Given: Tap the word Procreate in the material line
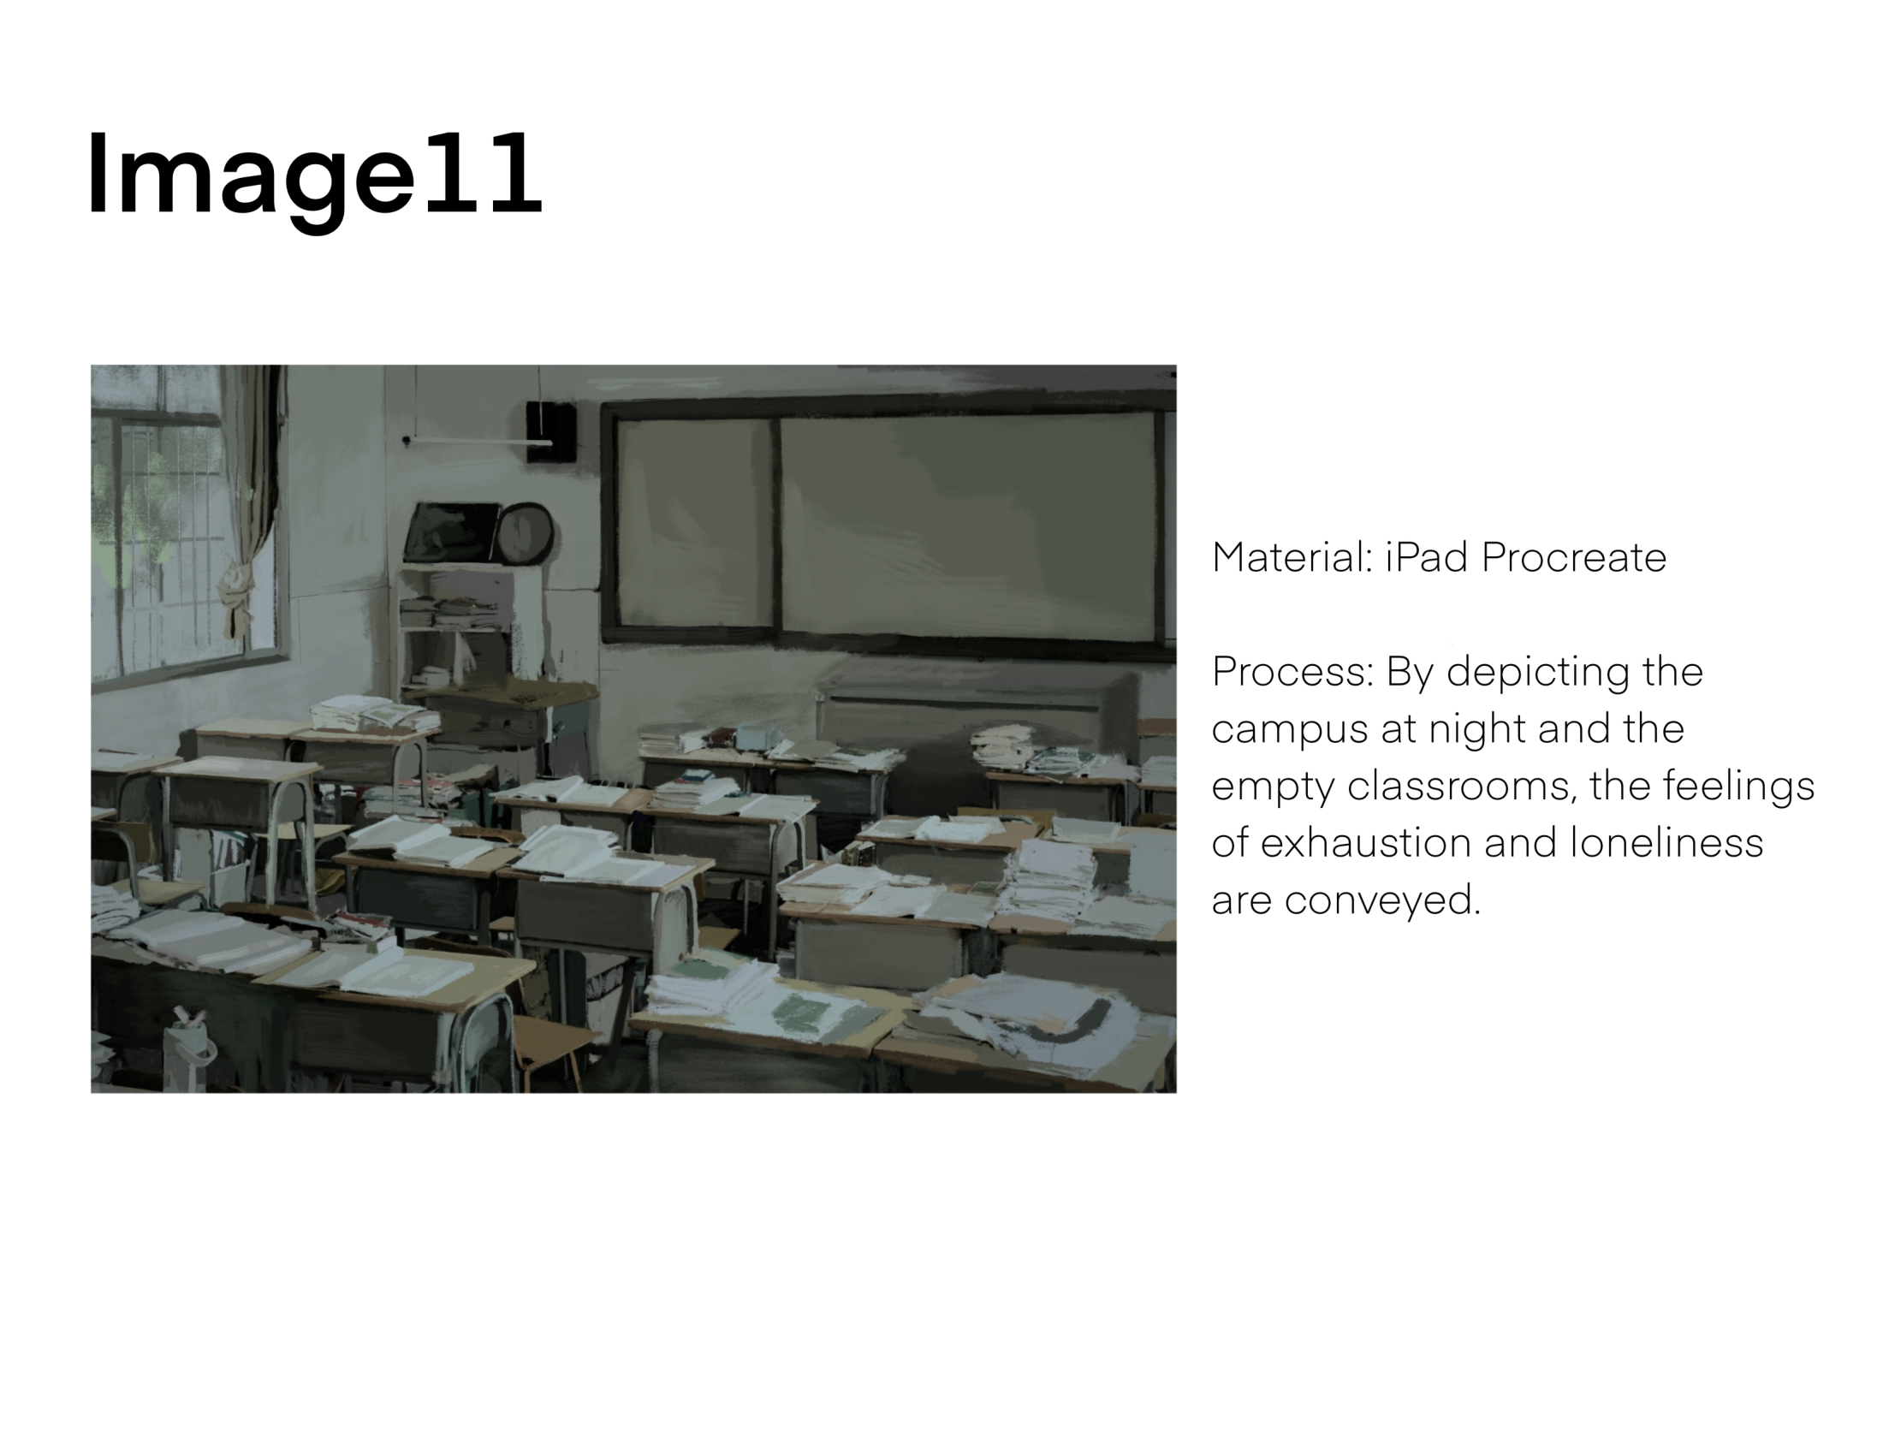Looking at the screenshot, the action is (1573, 558).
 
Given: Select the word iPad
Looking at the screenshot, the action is (1426, 557).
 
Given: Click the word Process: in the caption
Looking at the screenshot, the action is (1292, 672).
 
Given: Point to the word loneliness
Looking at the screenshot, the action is (1666, 842).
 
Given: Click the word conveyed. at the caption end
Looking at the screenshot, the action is (1383, 900).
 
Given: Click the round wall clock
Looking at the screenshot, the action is (525, 533).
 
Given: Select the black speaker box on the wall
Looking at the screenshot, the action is (551, 431).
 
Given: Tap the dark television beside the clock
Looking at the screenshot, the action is (451, 532).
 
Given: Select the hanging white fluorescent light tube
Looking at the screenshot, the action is (479, 442).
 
